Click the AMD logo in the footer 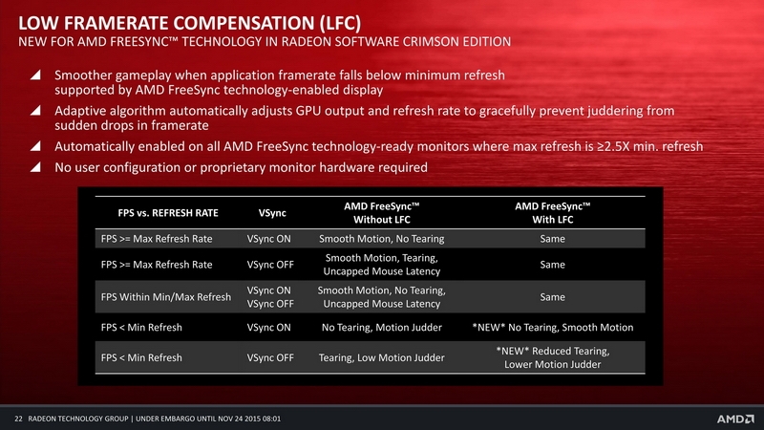(x=734, y=419)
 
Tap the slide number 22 (x=18, y=419)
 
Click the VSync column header (x=272, y=213)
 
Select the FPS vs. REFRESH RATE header (x=168, y=213)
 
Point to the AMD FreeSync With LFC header (x=553, y=213)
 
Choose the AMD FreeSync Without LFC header (x=381, y=213)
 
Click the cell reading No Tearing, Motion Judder (x=381, y=328)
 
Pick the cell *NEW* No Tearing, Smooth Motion (x=553, y=328)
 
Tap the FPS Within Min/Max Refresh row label (x=165, y=297)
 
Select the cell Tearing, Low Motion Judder (x=381, y=357)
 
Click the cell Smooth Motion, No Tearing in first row (x=381, y=239)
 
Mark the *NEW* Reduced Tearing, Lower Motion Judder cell (x=553, y=357)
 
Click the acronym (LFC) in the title (x=341, y=23)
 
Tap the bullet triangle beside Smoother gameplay (x=35, y=75)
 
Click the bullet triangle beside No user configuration (x=35, y=167)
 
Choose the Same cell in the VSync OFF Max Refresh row (x=553, y=265)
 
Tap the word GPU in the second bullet (x=308, y=111)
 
